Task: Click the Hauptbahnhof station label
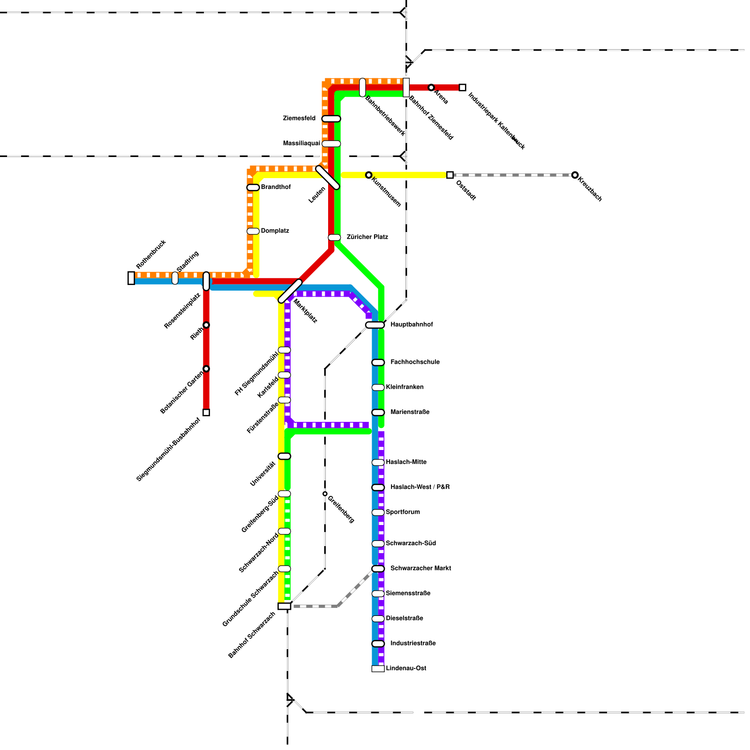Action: [412, 324]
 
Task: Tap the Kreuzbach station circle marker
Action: [575, 175]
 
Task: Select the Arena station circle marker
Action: [431, 88]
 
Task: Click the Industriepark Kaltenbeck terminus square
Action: [462, 88]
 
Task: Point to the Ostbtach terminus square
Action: [450, 175]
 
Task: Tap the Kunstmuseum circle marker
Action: [369, 175]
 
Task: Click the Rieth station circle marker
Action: [206, 325]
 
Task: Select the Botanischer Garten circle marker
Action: [206, 368]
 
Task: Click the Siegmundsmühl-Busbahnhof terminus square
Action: [206, 412]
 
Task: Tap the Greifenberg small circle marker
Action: [325, 494]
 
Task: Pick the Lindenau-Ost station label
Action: [406, 668]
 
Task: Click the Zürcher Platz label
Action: [367, 237]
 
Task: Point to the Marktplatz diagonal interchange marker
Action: [290, 291]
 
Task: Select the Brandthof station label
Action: [276, 187]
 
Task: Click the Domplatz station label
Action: [275, 231]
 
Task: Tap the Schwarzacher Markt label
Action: [420, 568]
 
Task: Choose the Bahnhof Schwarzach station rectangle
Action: [284, 606]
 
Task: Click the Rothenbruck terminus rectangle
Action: [131, 278]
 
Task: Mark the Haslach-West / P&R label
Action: [420, 487]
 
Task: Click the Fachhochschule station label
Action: [415, 362]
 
